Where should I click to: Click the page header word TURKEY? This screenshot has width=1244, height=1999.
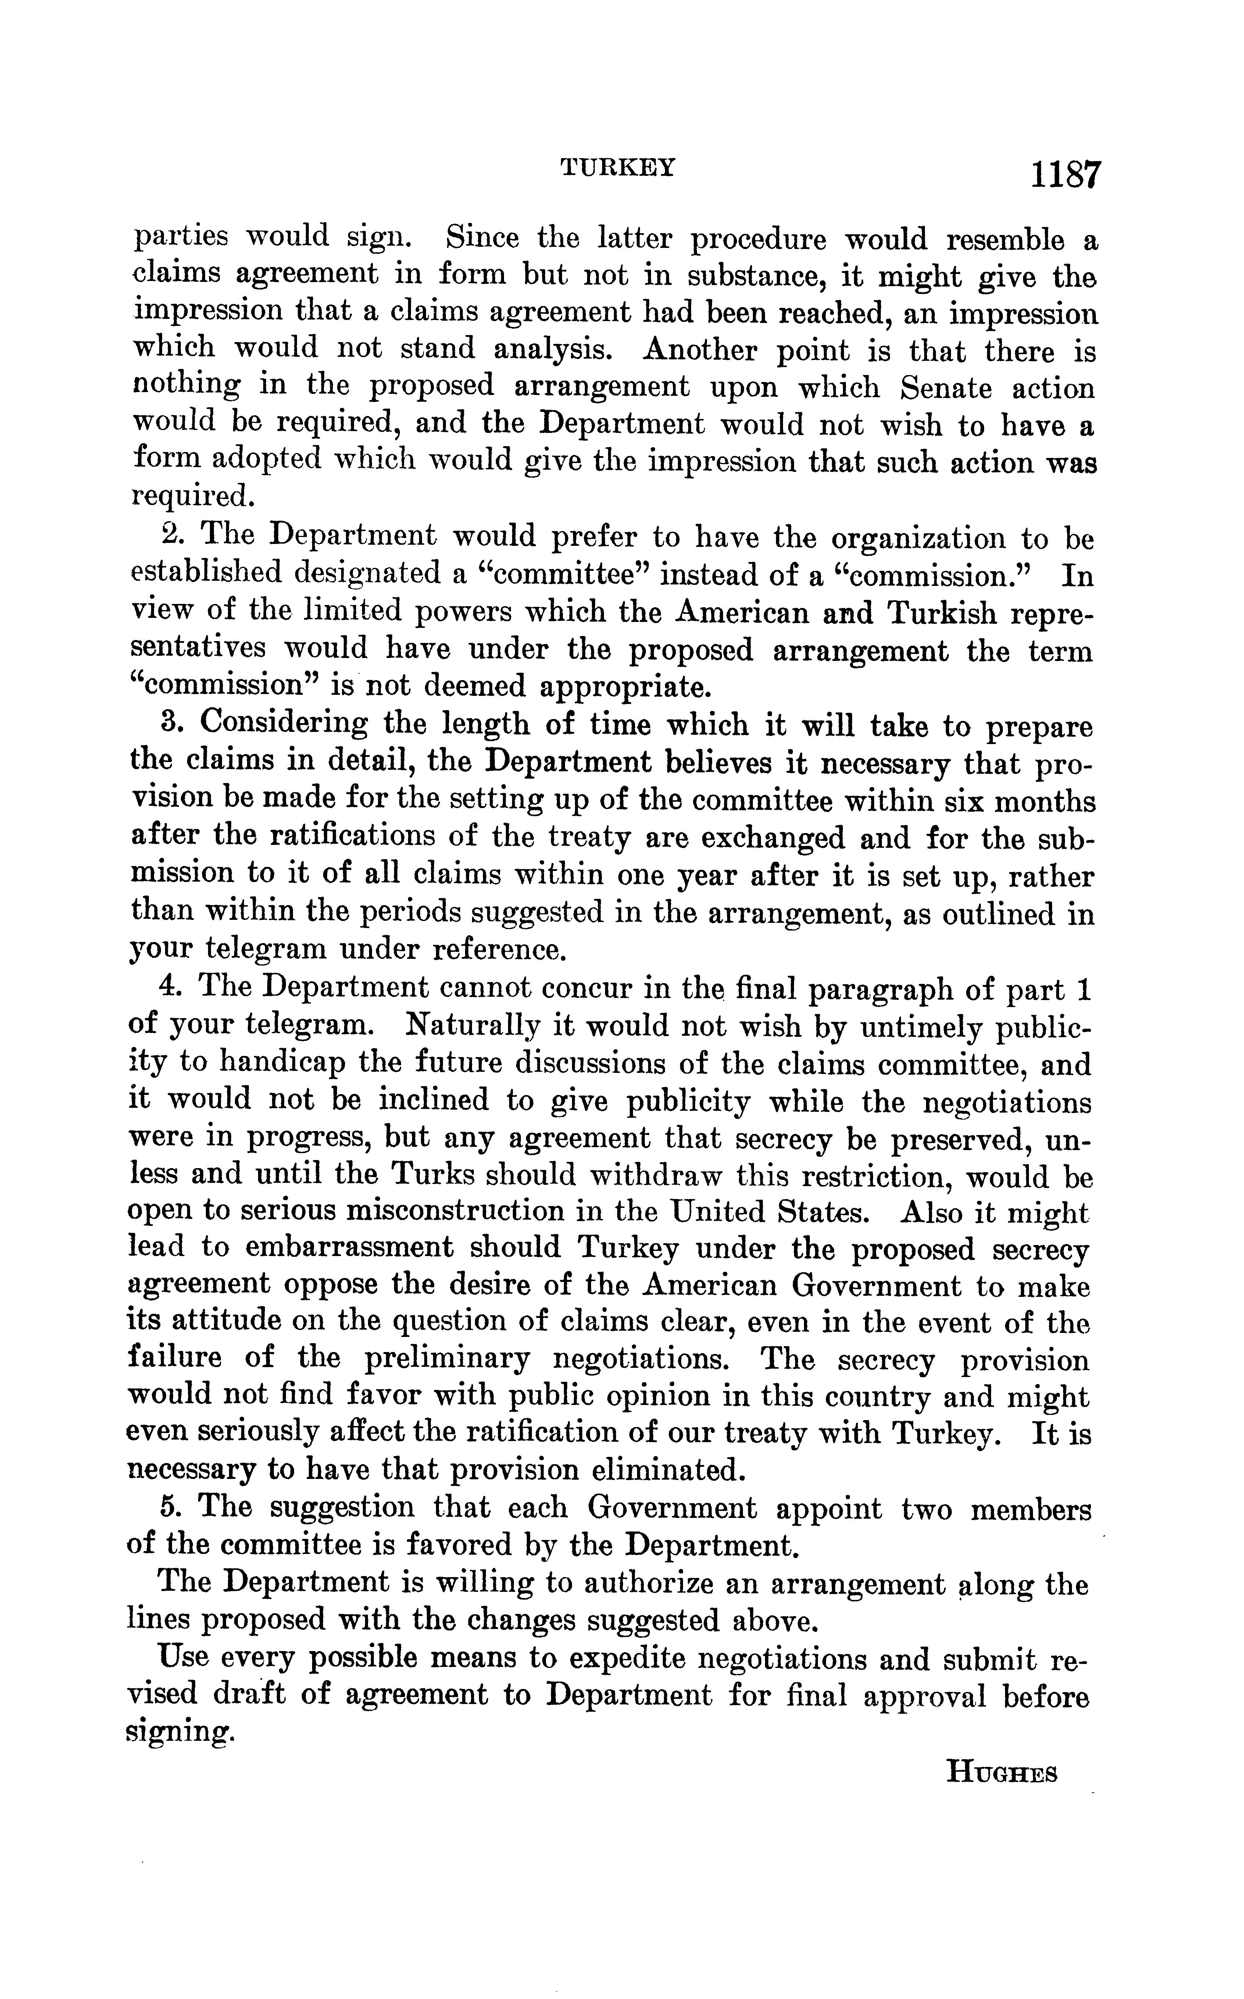pyautogui.click(x=617, y=168)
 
